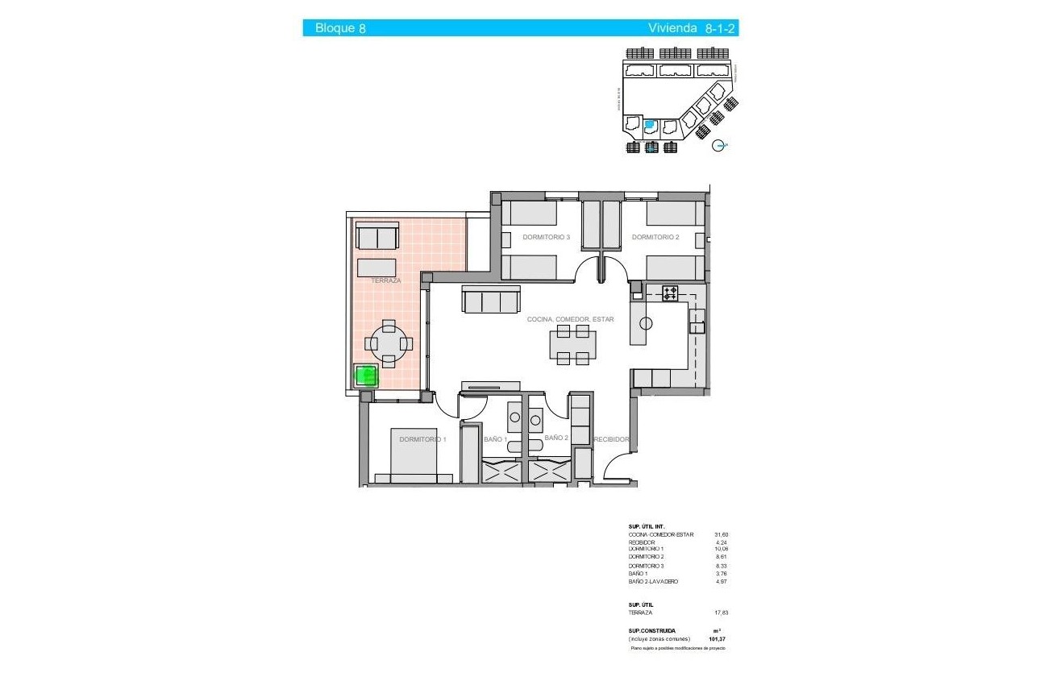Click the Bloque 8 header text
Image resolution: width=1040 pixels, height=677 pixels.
[340, 28]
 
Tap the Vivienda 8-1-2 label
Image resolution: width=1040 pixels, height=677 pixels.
[693, 28]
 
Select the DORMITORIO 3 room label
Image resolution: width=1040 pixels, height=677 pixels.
[546, 237]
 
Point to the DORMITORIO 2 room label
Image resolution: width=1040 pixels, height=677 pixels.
[655, 237]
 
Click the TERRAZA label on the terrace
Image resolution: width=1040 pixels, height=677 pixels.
[386, 280]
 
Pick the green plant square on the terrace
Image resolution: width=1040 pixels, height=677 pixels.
[367, 376]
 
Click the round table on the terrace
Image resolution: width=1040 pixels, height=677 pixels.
[389, 344]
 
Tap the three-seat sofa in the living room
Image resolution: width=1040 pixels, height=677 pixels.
[490, 300]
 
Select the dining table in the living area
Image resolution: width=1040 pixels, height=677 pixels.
[573, 345]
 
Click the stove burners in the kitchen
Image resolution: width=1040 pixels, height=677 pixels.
[670, 293]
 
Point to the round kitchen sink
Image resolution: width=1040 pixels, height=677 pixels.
[645, 324]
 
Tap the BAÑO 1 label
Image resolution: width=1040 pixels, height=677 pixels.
[495, 439]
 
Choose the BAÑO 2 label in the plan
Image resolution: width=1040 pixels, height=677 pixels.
[556, 438]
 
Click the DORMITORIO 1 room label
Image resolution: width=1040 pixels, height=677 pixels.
[422, 439]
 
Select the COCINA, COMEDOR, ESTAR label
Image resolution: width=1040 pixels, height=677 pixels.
[570, 319]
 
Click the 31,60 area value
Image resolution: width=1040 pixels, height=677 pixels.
[721, 534]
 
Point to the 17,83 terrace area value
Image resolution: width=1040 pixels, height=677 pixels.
[721, 613]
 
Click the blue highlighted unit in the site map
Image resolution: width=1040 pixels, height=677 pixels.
[651, 125]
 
